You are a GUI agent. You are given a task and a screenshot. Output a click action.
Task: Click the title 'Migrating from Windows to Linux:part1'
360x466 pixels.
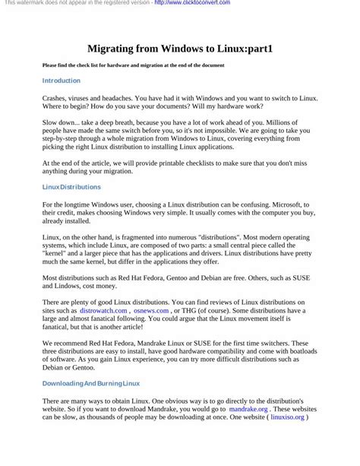(x=180, y=48)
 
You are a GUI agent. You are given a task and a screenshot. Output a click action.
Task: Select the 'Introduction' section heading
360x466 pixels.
(x=62, y=80)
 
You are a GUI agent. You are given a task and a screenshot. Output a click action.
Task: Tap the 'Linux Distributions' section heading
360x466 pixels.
(x=71, y=186)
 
